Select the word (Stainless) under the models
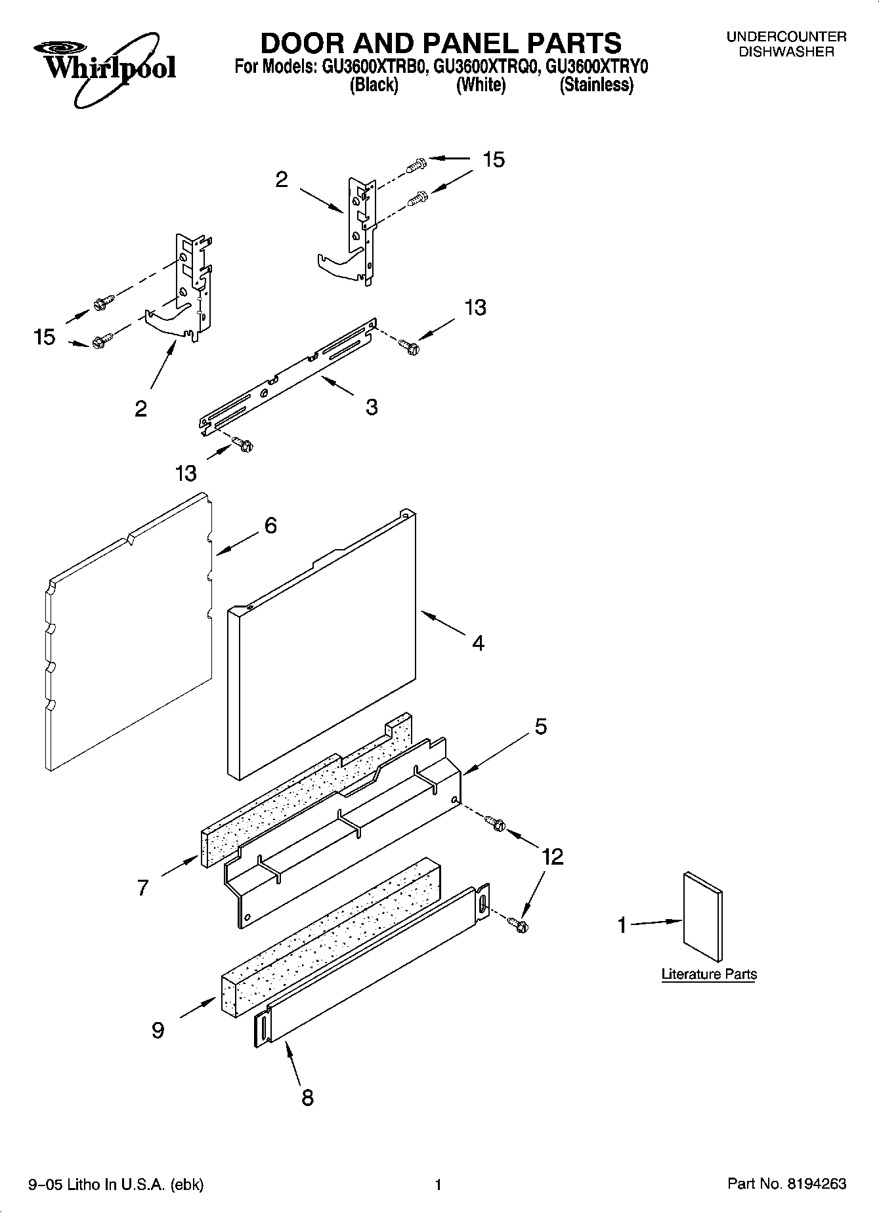[596, 85]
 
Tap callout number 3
[372, 407]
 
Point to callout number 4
[479, 643]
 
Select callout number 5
[541, 727]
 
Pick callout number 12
[553, 856]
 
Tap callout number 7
[143, 888]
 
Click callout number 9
[158, 1031]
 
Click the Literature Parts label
[709, 974]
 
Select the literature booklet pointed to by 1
[702, 912]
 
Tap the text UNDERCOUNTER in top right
[786, 37]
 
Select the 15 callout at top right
[494, 159]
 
